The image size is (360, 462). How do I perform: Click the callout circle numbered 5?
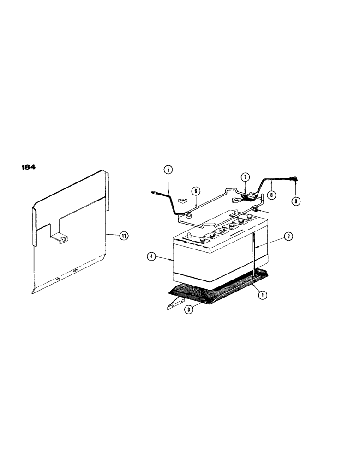(168, 170)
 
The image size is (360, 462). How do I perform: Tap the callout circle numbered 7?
(245, 177)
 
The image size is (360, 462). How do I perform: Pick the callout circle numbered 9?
(295, 201)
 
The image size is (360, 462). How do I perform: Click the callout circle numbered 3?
(188, 310)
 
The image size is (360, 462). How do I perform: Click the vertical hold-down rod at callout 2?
(253, 259)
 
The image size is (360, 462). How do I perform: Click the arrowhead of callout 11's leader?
(108, 235)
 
